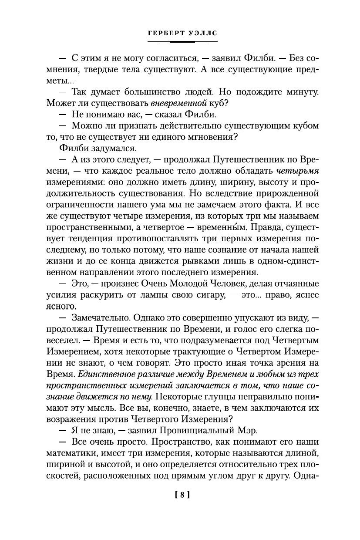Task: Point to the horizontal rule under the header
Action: (182, 42)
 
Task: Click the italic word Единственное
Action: (105, 375)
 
